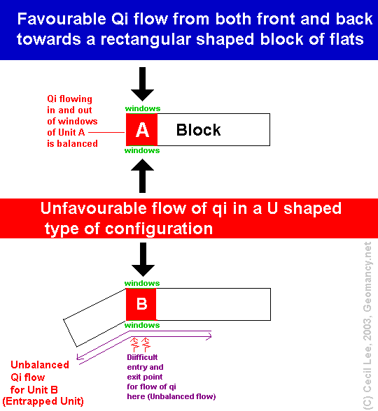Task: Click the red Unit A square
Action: pyautogui.click(x=141, y=129)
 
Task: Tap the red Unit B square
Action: pyautogui.click(x=141, y=304)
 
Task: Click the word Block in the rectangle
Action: pyautogui.click(x=199, y=130)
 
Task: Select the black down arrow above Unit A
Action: pyautogui.click(x=143, y=84)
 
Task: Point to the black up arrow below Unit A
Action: pyautogui.click(x=143, y=176)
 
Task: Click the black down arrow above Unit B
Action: pyautogui.click(x=143, y=259)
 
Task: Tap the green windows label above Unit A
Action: pyautogui.click(x=143, y=108)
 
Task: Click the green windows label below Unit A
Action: pyautogui.click(x=142, y=150)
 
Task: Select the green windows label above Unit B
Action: pyautogui.click(x=142, y=283)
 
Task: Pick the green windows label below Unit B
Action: pyautogui.click(x=142, y=325)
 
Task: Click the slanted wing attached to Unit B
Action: pyautogui.click(x=95, y=317)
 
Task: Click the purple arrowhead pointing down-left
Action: pyautogui.click(x=79, y=356)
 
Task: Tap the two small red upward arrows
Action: pyautogui.click(x=140, y=345)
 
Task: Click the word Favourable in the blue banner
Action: pyautogui.click(x=62, y=19)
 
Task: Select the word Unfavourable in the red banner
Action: pyautogui.click(x=94, y=208)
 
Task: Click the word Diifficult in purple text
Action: pyautogui.click(x=142, y=357)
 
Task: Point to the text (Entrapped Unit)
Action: pyautogui.click(x=43, y=401)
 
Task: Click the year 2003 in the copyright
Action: pyautogui.click(x=367, y=329)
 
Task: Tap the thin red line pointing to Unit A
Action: pyautogui.click(x=106, y=132)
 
